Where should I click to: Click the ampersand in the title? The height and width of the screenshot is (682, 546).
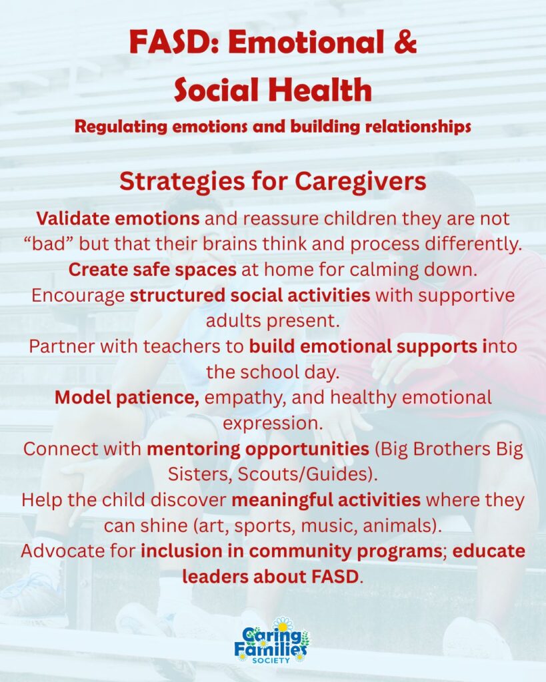pyautogui.click(x=406, y=42)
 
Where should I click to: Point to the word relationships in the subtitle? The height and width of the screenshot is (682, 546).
pyautogui.click(x=418, y=127)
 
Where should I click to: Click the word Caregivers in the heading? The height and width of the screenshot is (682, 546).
pyautogui.click(x=361, y=181)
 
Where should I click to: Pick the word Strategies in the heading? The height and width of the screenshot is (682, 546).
pyautogui.click(x=182, y=182)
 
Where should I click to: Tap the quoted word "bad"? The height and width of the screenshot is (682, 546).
pyautogui.click(x=48, y=244)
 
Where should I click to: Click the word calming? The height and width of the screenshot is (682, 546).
pyautogui.click(x=381, y=270)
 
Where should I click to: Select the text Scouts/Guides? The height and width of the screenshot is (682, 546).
pyautogui.click(x=305, y=474)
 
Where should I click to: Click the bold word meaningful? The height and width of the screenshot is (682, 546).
pyautogui.click(x=282, y=500)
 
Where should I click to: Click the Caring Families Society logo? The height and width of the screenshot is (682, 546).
pyautogui.click(x=272, y=641)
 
